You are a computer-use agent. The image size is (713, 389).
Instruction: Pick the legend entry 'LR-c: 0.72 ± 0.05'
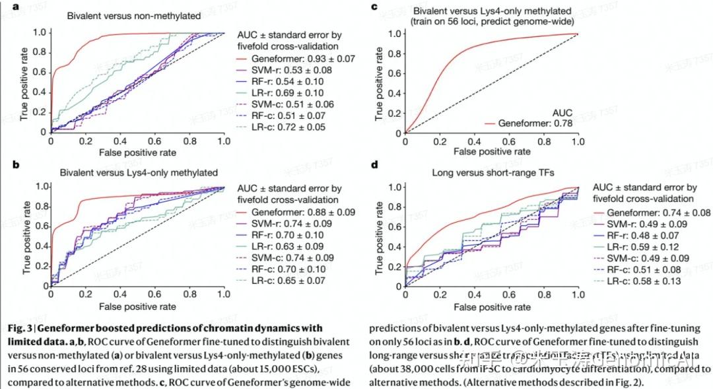point(291,127)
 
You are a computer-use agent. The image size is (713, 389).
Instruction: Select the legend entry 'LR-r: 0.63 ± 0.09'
point(292,247)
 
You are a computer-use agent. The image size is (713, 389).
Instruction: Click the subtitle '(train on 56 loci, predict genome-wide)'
point(492,22)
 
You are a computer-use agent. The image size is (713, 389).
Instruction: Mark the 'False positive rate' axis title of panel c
point(492,151)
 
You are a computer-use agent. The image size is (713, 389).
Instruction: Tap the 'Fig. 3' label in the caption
point(20,328)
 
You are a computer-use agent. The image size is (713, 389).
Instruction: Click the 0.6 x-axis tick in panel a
point(154,141)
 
